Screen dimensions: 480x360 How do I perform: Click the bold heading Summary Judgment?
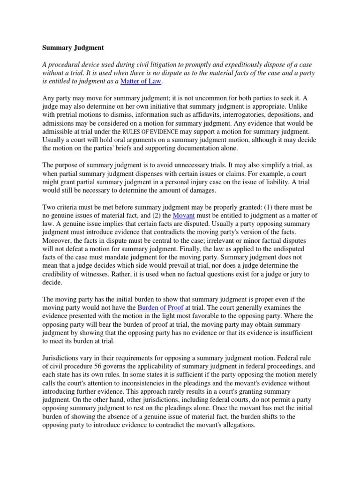coord(74,47)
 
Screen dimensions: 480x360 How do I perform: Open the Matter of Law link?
coord(141,81)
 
